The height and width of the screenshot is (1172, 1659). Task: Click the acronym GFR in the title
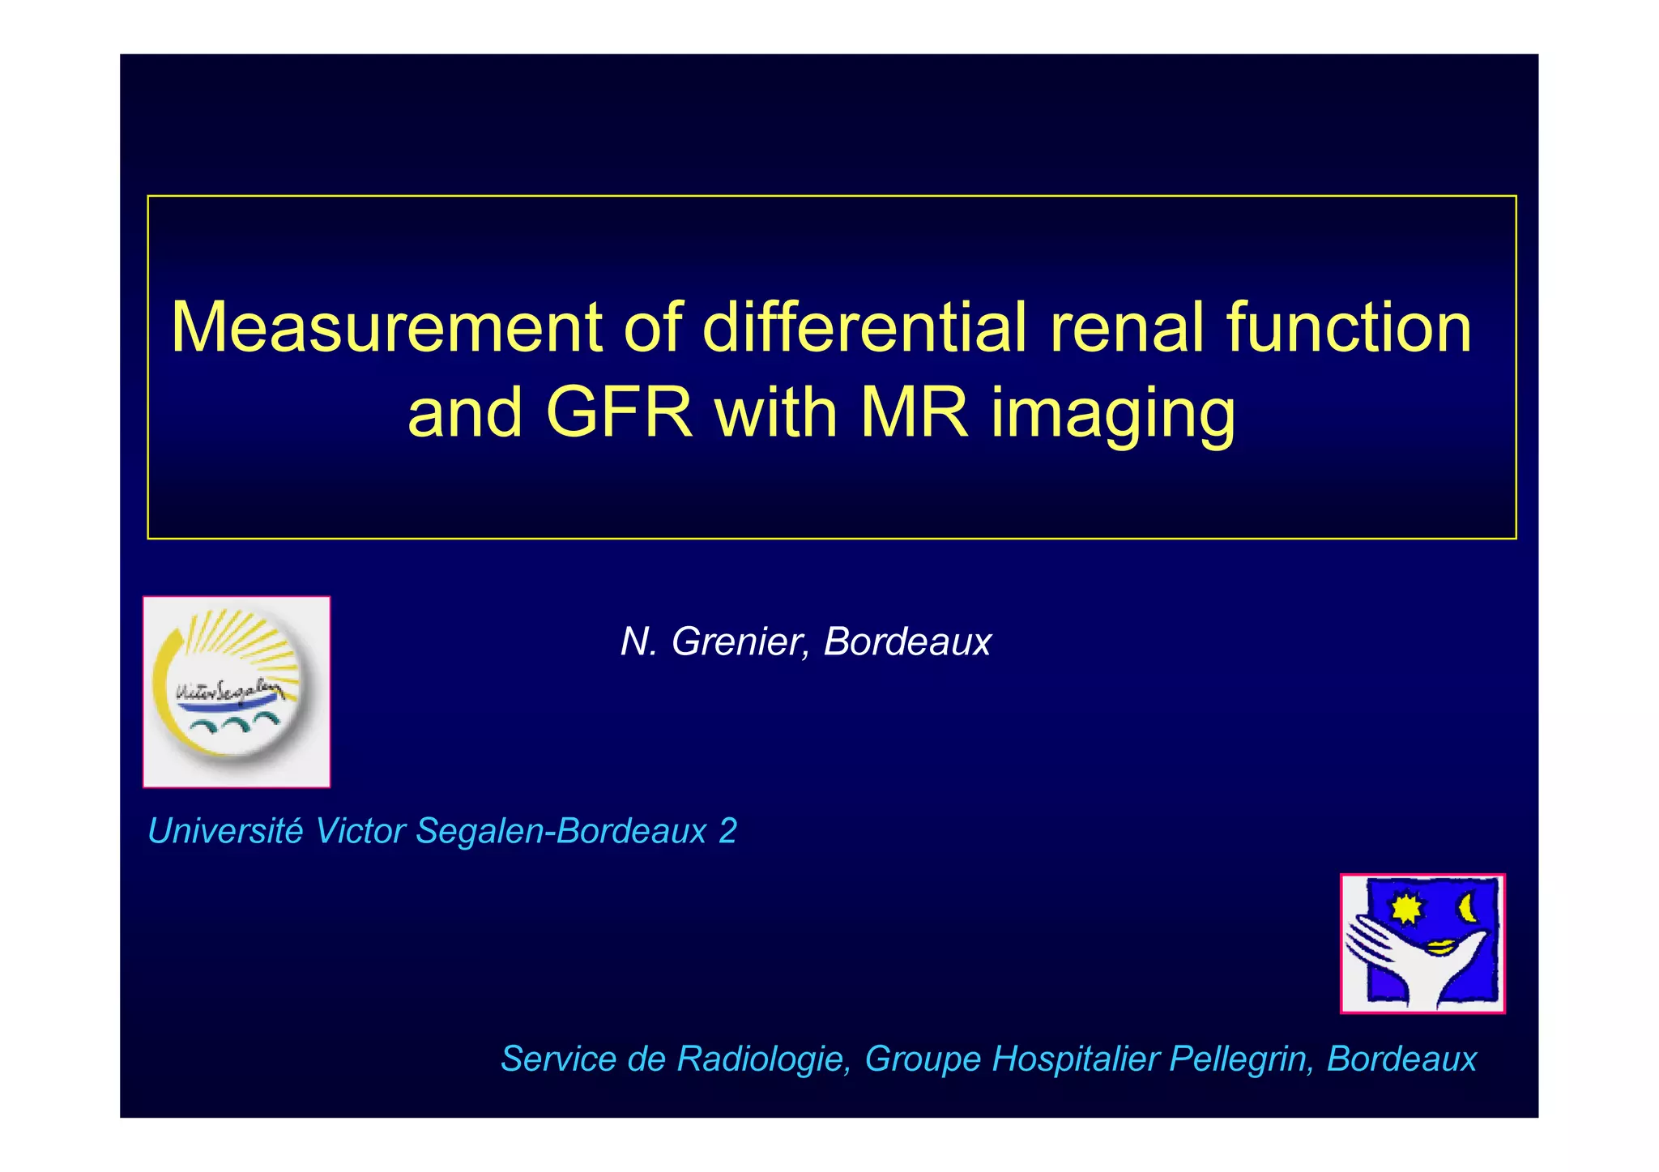click(x=619, y=412)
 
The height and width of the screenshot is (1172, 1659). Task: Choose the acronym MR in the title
click(x=914, y=412)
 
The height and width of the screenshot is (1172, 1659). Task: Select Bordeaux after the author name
click(x=907, y=641)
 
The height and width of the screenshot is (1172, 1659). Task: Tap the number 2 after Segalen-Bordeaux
click(x=727, y=831)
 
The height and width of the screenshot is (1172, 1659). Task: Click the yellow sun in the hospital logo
click(x=1408, y=908)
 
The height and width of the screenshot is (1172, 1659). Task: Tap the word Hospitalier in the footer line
click(x=1076, y=1059)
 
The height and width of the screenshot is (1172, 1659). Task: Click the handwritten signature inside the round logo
click(x=228, y=691)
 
